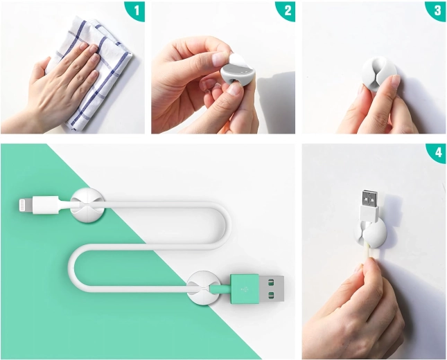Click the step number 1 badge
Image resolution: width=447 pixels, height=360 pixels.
click(x=137, y=10)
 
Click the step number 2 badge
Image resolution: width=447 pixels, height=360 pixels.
click(x=288, y=10)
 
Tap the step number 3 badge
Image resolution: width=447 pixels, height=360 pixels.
click(x=437, y=10)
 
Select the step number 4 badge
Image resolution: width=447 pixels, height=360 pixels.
click(x=438, y=153)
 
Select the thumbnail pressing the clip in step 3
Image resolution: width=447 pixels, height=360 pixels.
click(x=396, y=80)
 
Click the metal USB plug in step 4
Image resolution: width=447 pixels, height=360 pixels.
click(x=370, y=199)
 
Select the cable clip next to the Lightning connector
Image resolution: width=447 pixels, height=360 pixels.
click(x=87, y=205)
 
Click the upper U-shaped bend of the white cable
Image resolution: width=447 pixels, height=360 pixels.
click(x=222, y=226)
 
